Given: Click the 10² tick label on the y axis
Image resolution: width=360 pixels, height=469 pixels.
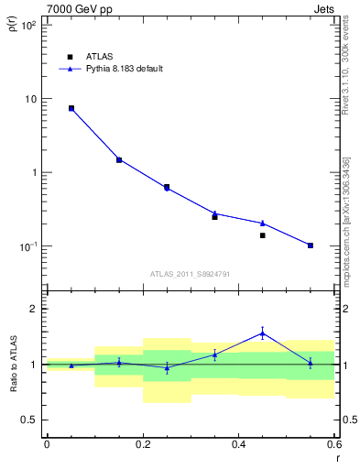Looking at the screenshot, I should click(x=27, y=26).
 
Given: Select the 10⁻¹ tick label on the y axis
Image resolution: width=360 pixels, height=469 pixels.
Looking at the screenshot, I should click(x=27, y=246).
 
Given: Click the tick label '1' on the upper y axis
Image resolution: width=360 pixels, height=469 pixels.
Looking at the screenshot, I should click(x=33, y=172).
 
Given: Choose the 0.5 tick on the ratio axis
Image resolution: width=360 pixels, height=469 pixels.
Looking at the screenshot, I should click(x=29, y=420).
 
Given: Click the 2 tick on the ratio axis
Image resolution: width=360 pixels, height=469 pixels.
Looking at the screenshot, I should click(x=33, y=309).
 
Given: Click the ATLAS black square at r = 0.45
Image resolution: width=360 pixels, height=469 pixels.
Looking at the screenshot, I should click(x=262, y=235).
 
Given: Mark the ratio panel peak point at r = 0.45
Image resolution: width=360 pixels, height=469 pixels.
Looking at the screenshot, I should click(x=262, y=333).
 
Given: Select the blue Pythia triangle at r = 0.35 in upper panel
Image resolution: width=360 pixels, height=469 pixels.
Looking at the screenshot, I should click(x=214, y=213).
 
